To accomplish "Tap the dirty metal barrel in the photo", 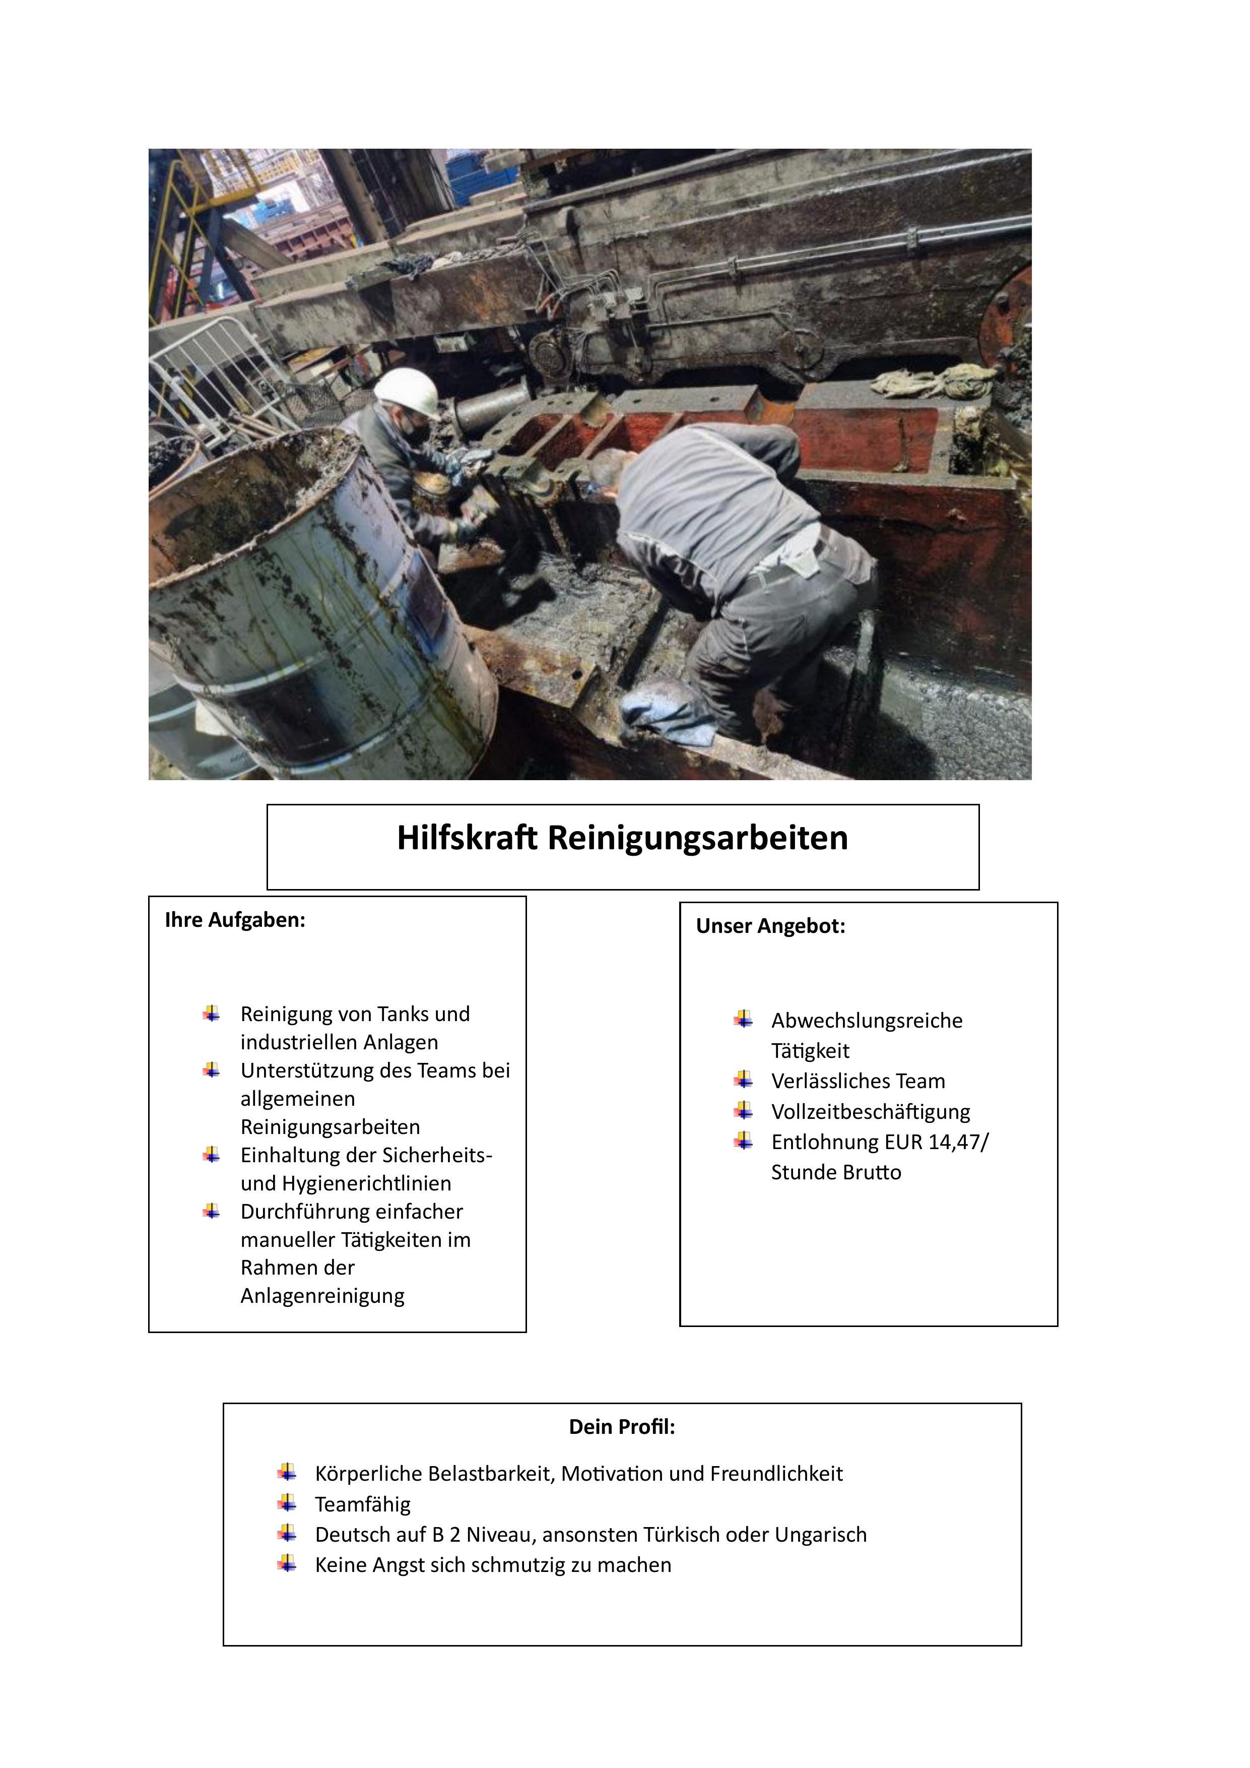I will (x=315, y=608).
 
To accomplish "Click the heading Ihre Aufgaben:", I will (x=235, y=920).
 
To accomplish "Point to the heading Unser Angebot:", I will (x=770, y=926).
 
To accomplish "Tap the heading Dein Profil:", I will (x=622, y=1427).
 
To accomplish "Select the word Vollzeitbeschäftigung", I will (x=871, y=1111).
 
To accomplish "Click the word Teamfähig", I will (x=363, y=1504).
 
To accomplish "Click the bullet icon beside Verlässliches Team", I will (x=744, y=1081).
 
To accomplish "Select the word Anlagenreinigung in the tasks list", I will (x=322, y=1296).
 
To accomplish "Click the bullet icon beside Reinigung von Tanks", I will (x=212, y=1014).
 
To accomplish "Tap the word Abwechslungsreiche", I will (x=867, y=1021).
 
